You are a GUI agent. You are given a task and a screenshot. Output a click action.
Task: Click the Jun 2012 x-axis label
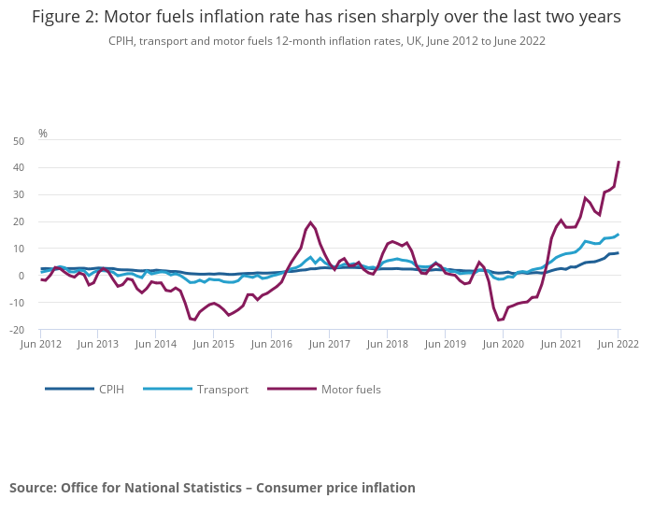41,345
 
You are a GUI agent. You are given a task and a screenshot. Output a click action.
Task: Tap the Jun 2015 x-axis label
214,345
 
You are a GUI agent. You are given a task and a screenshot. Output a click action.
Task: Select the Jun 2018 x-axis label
387,345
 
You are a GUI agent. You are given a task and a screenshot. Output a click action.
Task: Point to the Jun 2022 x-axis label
618,345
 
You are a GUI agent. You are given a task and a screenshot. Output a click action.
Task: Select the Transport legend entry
221,389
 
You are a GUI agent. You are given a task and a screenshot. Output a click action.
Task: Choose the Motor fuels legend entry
350,389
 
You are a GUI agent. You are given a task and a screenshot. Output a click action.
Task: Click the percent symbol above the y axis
43,134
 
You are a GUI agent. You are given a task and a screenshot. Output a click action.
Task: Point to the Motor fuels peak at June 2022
618,162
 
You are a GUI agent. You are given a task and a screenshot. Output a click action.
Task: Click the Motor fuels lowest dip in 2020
500,321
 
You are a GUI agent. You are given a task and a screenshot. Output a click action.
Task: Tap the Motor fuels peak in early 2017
310,222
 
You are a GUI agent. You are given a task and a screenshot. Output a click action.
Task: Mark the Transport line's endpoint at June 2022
618,235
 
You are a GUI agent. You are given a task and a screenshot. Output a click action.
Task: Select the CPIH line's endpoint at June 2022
618,253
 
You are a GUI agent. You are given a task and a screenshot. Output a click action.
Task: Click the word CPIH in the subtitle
123,41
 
